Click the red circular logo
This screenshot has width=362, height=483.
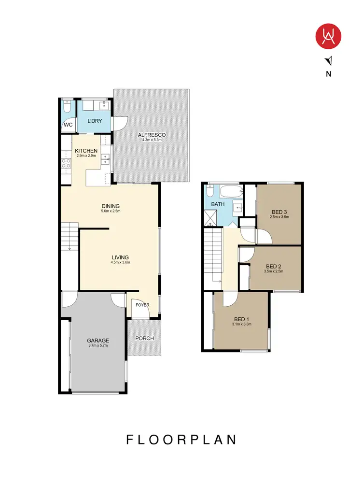point(329,37)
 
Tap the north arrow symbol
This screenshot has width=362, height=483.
point(329,60)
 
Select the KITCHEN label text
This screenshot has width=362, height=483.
point(86,151)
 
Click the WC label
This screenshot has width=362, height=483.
point(68,125)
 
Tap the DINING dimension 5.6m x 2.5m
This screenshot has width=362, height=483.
point(110,211)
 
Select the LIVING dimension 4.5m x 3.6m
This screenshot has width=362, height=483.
point(120,263)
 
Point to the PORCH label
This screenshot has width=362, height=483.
point(144,338)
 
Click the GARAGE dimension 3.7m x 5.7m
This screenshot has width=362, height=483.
point(98,346)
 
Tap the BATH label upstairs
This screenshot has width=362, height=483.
point(217,205)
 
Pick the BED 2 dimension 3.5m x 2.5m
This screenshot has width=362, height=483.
point(274,271)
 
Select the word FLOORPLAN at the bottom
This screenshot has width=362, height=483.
point(181,440)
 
